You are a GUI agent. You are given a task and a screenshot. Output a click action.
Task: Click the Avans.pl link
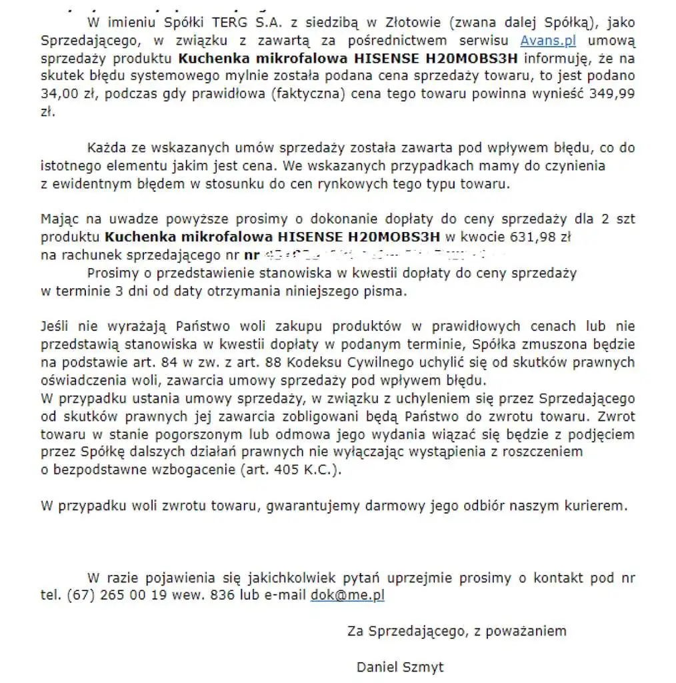click(548, 41)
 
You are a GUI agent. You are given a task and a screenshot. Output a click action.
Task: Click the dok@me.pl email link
click(347, 595)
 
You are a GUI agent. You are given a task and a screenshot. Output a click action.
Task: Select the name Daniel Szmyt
click(400, 667)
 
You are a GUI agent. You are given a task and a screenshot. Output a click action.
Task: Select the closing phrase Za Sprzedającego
click(407, 631)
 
